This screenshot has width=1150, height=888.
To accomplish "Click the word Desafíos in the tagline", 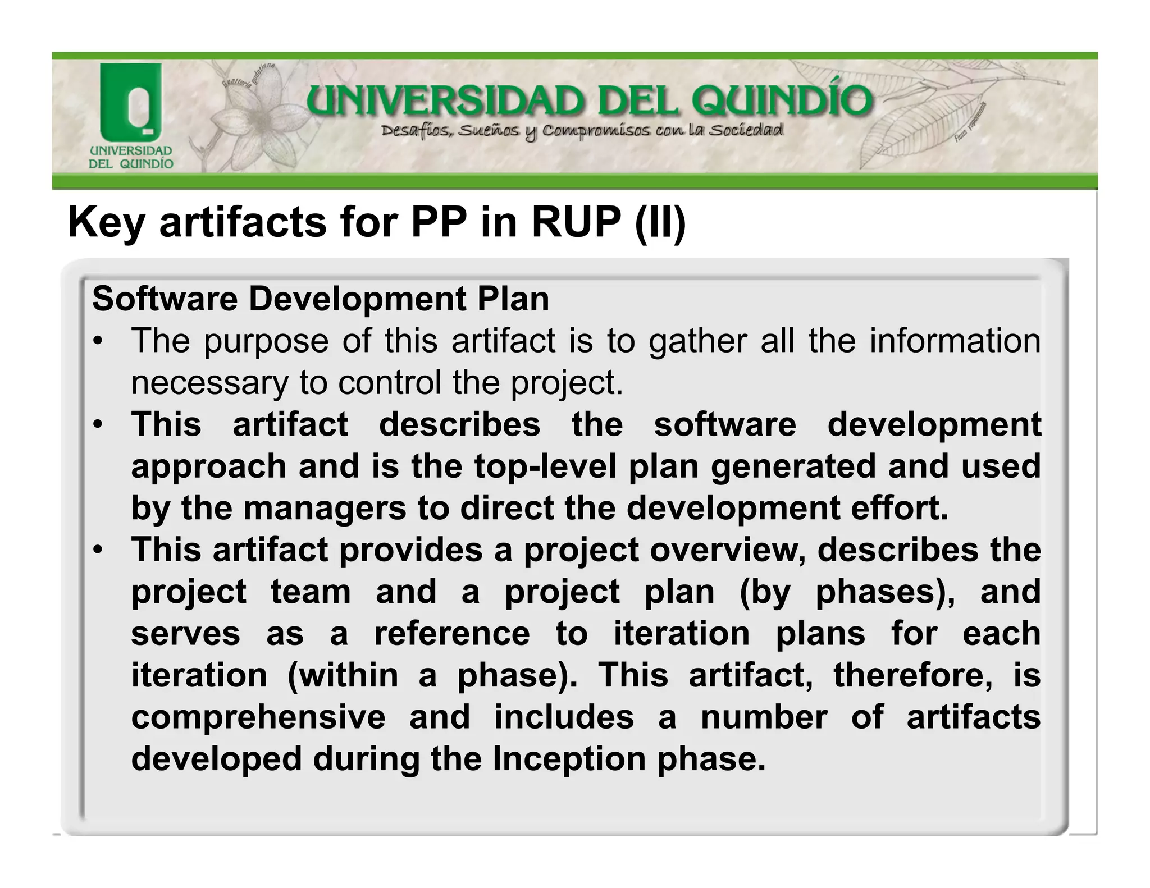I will pos(415,132).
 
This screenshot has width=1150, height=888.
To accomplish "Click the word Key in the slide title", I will pos(106,222).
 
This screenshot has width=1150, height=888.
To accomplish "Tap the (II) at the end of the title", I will pos(660,222).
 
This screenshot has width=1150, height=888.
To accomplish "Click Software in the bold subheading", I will pos(165,299).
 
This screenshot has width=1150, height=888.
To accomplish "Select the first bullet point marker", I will pos(98,342).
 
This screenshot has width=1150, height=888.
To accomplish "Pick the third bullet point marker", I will pos(98,551).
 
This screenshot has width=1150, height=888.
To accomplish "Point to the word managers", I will pos(325,508).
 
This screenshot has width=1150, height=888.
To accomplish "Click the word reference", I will pos(452,633).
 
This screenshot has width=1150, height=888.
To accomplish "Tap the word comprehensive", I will pos(258,717).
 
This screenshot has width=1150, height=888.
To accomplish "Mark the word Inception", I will pos(569,759).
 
